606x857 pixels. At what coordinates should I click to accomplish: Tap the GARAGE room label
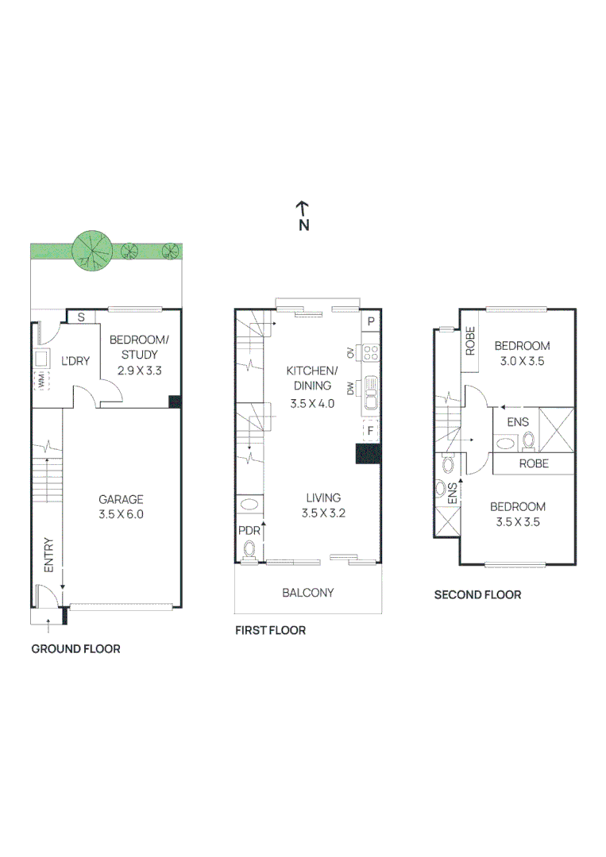click(x=121, y=499)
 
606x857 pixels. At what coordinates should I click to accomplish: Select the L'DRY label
click(x=75, y=361)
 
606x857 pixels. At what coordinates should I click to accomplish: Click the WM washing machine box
click(x=41, y=380)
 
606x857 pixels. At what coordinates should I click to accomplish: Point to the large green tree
click(x=92, y=252)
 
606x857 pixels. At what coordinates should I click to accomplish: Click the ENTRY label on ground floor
click(x=48, y=555)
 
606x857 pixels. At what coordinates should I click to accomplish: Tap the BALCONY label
click(x=308, y=593)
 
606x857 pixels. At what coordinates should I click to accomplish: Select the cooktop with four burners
click(x=371, y=353)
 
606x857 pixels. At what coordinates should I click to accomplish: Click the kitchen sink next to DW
click(x=371, y=393)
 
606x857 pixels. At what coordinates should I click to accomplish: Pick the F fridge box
click(x=371, y=431)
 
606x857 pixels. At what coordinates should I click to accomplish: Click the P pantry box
click(x=370, y=321)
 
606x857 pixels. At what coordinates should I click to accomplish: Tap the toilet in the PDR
click(x=249, y=549)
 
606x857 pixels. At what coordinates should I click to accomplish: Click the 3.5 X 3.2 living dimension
click(x=323, y=513)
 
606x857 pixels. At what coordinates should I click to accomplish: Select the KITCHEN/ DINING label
click(x=312, y=378)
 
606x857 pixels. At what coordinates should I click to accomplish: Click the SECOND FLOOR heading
click(x=477, y=594)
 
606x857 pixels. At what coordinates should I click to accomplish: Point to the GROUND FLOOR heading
click(x=75, y=649)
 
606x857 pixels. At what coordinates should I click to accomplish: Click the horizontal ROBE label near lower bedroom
click(x=534, y=463)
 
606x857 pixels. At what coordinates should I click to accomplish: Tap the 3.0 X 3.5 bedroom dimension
click(x=523, y=361)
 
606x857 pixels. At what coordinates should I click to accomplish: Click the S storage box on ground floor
click(x=81, y=317)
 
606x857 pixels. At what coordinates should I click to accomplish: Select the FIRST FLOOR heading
click(x=270, y=630)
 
